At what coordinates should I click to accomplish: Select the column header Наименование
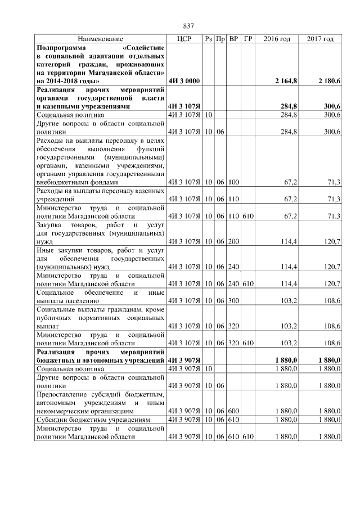pos(100,39)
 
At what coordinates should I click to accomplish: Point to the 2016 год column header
pos(277,39)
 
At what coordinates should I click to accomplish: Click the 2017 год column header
pos(320,39)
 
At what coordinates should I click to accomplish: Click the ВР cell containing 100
pos(233,182)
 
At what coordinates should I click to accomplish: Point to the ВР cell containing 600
pos(233,411)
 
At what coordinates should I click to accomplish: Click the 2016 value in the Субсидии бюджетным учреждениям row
pos(287,420)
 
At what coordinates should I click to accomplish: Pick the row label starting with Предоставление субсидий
pos(100,402)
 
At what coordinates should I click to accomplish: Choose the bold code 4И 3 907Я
pos(184,359)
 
